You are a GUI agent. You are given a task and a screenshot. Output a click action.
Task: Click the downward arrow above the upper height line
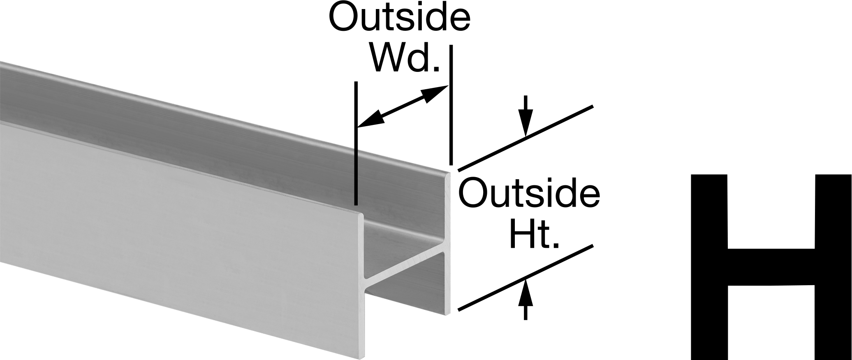click(x=525, y=116)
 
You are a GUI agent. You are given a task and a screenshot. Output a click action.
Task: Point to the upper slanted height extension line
click(x=526, y=138)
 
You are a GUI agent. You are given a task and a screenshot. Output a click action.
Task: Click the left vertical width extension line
click(x=356, y=143)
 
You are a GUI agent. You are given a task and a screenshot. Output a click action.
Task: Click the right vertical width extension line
click(x=451, y=105)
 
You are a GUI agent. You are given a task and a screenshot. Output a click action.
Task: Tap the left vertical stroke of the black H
click(x=709, y=267)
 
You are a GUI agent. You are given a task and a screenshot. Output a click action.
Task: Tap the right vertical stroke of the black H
click(x=833, y=267)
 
